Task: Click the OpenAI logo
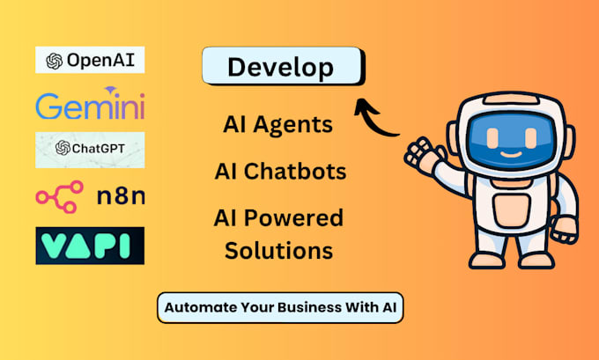click(x=90, y=60)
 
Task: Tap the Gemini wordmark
click(x=90, y=107)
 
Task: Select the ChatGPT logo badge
click(x=90, y=148)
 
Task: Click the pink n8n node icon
click(x=60, y=195)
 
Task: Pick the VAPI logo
click(x=90, y=245)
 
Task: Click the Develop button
click(x=281, y=67)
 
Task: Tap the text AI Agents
click(x=278, y=125)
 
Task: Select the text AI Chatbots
click(x=279, y=170)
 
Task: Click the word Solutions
click(x=278, y=250)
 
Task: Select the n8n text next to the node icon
click(x=121, y=195)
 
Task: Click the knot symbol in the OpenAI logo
click(x=55, y=60)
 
